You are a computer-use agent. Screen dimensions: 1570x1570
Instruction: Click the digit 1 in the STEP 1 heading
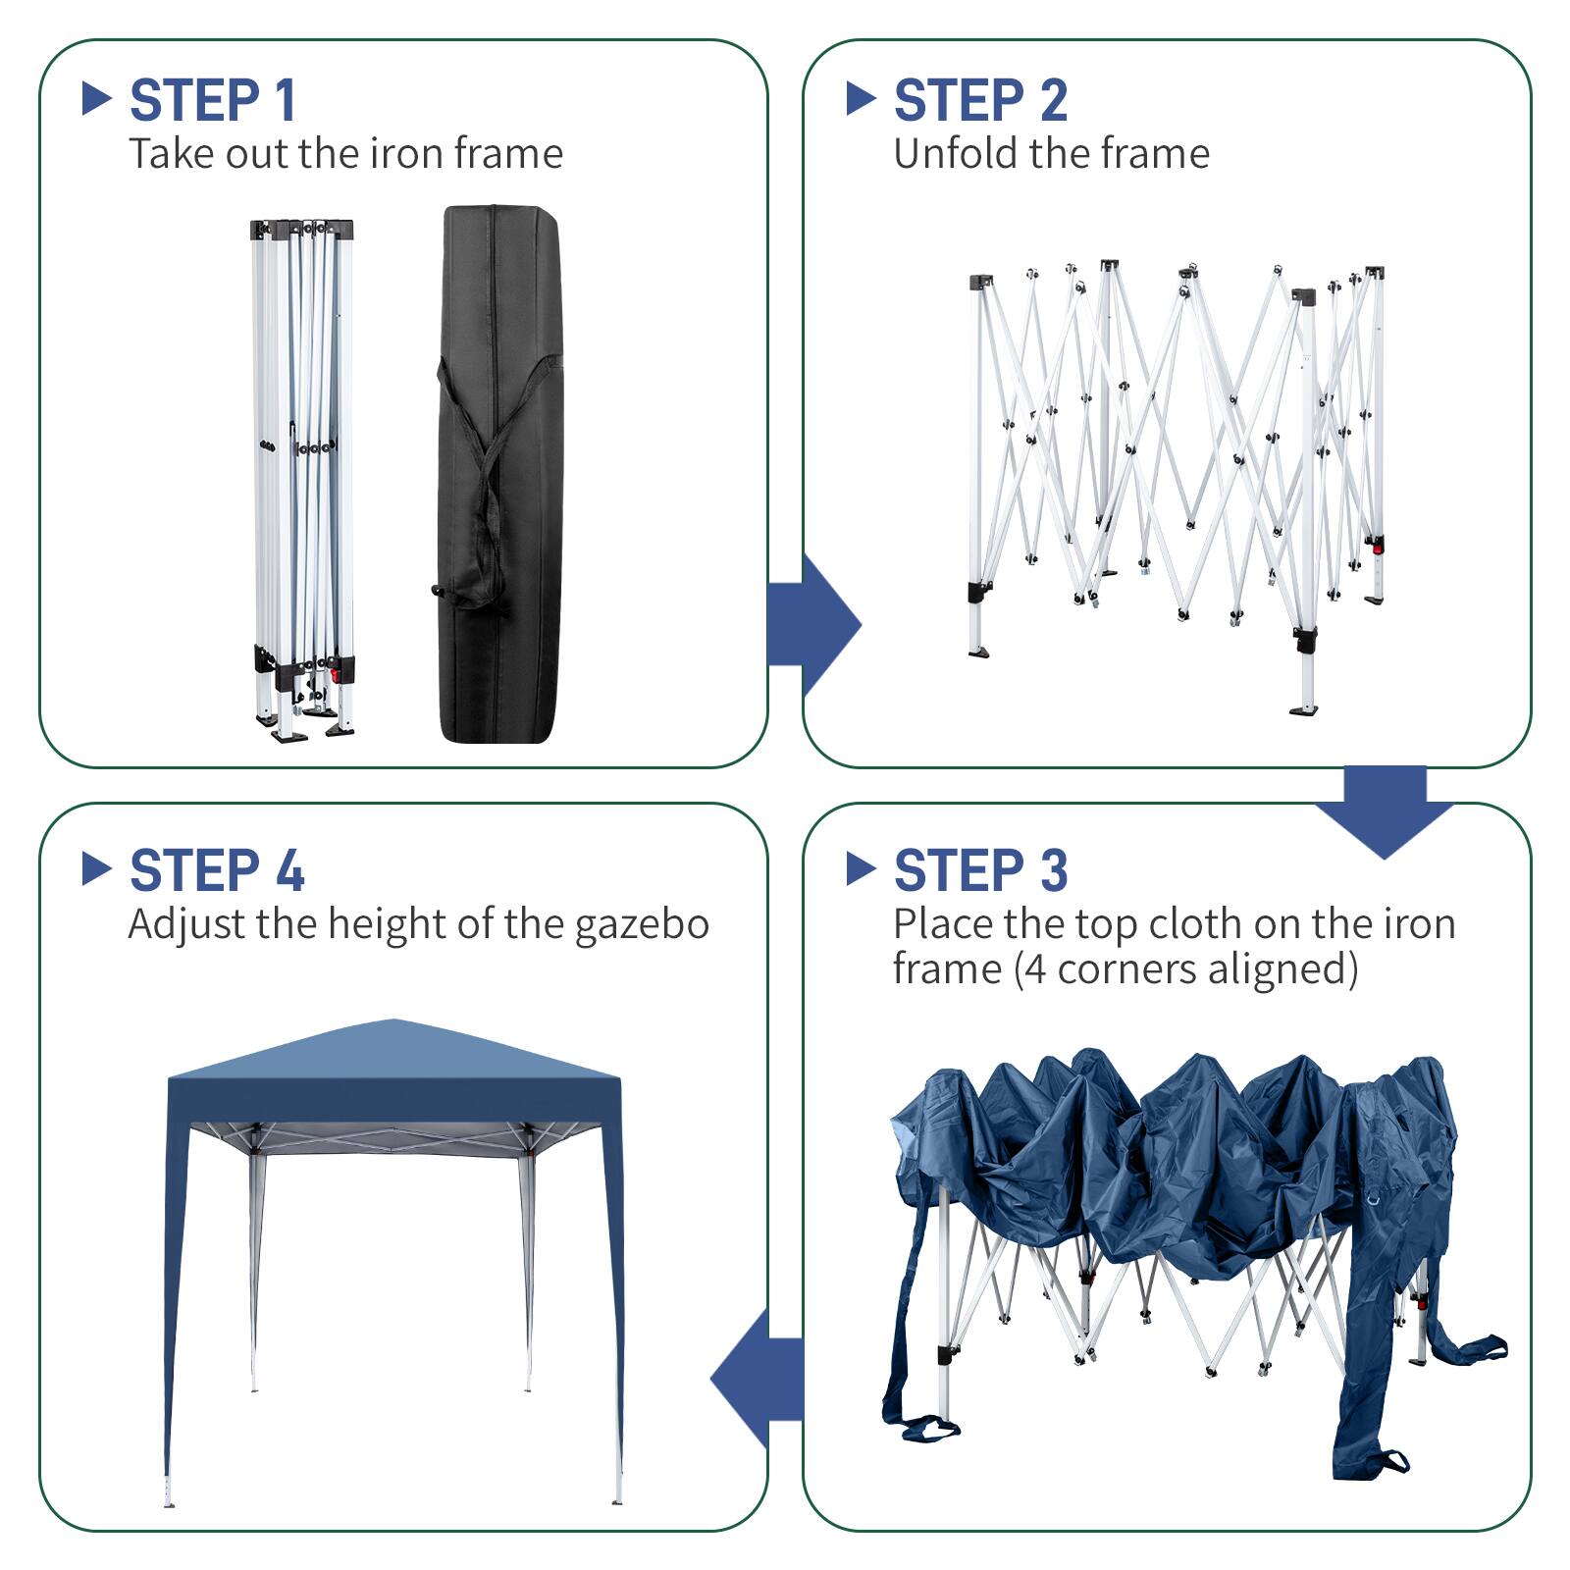(x=285, y=100)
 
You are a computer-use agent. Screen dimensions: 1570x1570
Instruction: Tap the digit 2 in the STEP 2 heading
(x=1053, y=100)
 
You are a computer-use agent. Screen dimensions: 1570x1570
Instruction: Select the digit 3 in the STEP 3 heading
(x=1053, y=871)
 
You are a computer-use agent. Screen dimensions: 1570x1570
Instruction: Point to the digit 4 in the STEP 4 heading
(x=289, y=871)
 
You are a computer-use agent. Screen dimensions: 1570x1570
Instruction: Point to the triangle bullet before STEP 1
(x=95, y=98)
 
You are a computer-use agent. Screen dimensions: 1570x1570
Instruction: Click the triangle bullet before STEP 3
(x=860, y=868)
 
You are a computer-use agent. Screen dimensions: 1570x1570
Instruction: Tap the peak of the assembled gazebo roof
(x=392, y=1022)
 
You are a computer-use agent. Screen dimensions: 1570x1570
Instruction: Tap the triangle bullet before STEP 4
(x=95, y=868)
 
